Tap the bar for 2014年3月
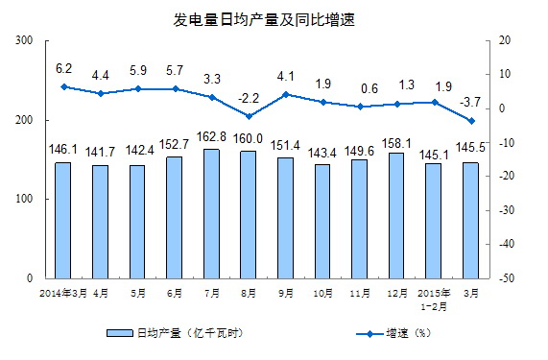tap(62, 220)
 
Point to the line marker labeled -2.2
tap(249, 116)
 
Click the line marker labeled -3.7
tap(471, 121)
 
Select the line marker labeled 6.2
tap(63, 87)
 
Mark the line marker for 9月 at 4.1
tap(286, 94)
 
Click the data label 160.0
tap(249, 137)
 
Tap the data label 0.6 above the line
tap(359, 88)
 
